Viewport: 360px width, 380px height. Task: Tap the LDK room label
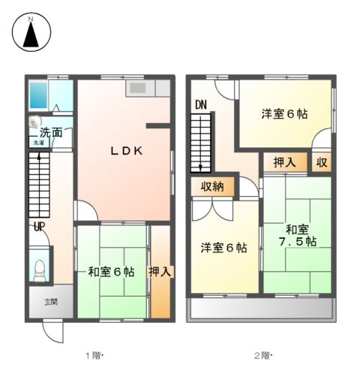127,151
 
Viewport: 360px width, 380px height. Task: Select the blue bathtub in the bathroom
38,96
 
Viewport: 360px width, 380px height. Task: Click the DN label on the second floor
200,105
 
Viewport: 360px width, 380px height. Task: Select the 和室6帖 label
110,271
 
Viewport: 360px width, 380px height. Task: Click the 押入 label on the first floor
160,271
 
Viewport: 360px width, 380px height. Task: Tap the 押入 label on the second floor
283,162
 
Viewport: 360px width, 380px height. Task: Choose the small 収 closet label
321,162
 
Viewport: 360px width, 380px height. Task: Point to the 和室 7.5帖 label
295,236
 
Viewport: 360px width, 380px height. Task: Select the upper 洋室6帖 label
284,114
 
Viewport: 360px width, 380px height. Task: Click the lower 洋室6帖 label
223,248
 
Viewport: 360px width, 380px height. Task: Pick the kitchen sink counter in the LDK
139,88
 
